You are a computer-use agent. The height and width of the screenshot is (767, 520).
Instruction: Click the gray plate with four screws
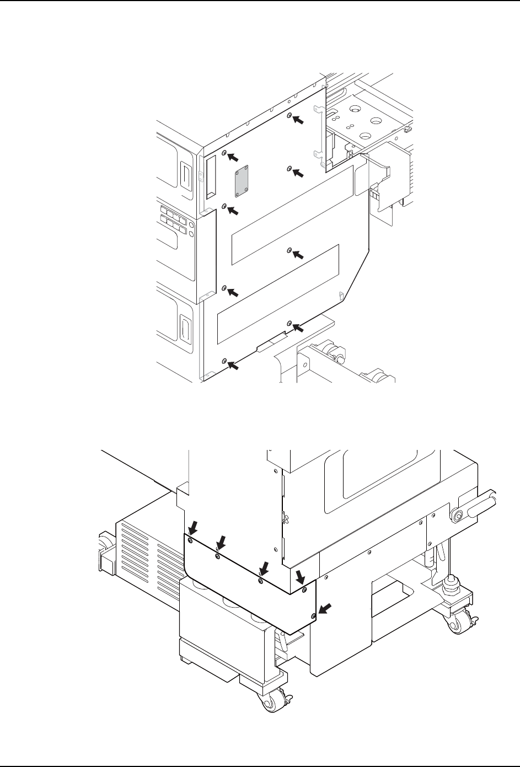[x=240, y=183]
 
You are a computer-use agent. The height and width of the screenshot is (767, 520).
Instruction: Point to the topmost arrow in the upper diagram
[x=298, y=120]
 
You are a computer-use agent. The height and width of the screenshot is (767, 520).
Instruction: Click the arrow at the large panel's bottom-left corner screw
[x=233, y=364]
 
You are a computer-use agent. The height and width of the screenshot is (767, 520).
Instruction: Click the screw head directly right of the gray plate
[x=289, y=168]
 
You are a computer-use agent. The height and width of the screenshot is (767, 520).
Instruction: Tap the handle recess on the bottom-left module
[x=184, y=329]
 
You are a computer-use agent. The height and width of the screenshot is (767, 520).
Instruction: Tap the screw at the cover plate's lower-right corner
[x=313, y=615]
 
